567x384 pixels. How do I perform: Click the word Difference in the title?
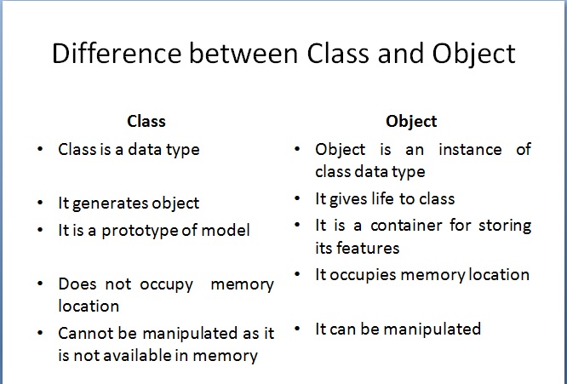coord(117,54)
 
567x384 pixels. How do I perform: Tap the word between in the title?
coord(243,54)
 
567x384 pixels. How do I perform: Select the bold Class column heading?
coord(146,121)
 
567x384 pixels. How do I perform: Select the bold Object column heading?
coord(411,122)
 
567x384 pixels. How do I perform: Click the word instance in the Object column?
coord(470,149)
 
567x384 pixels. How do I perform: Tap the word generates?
coord(111,203)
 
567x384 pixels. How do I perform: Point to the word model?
coord(226,231)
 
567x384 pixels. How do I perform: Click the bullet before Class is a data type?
coord(40,149)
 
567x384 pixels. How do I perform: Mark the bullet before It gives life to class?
coord(297,198)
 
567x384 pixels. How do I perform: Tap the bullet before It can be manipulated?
coord(297,329)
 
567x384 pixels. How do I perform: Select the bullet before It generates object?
coord(40,203)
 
